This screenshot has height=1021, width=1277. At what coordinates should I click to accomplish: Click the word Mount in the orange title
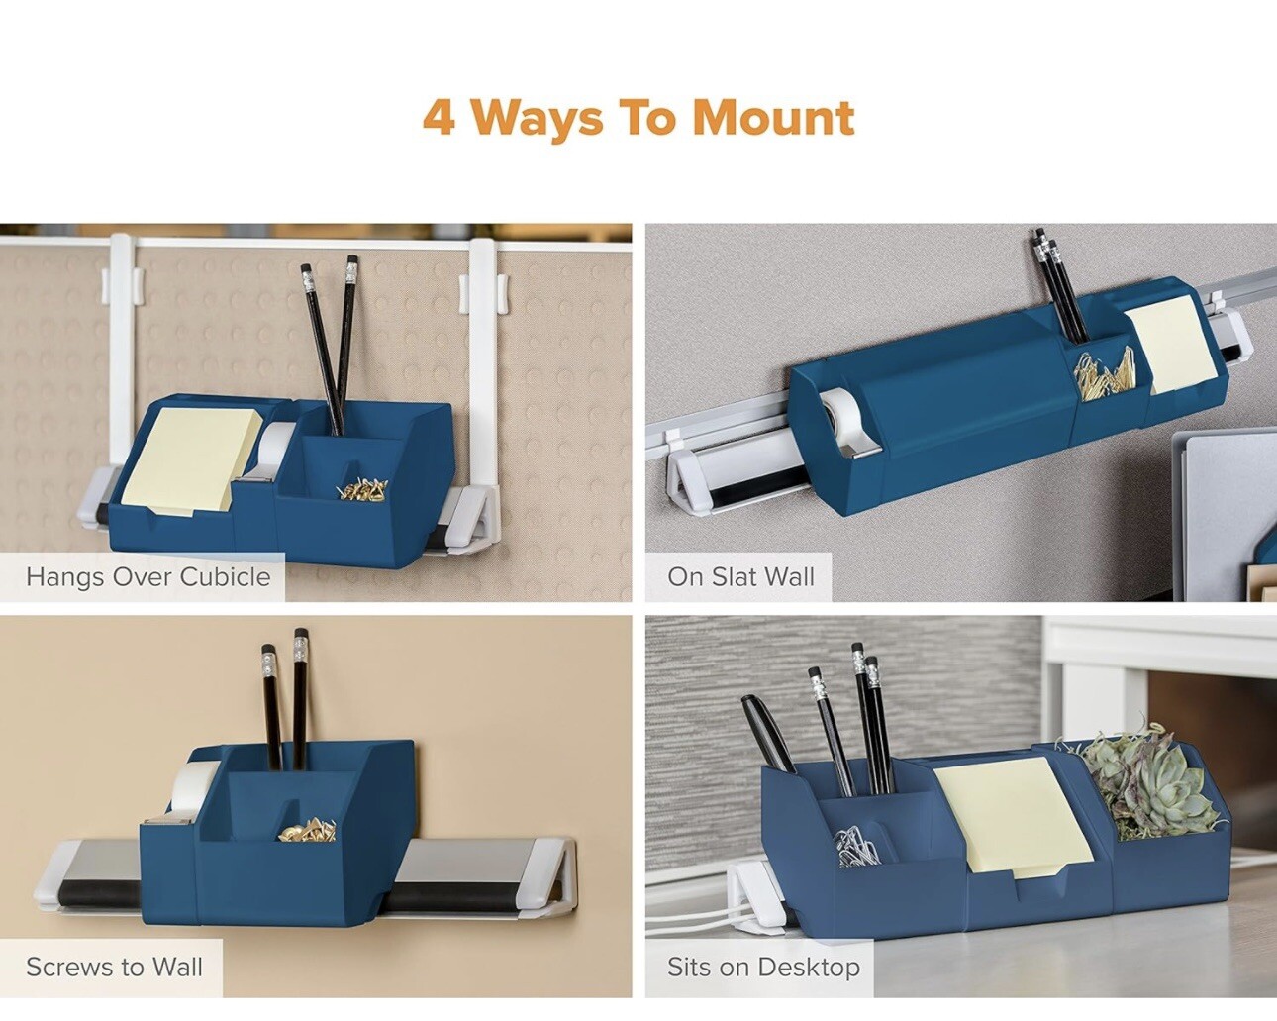(773, 118)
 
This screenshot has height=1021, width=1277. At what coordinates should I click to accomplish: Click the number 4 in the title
(440, 118)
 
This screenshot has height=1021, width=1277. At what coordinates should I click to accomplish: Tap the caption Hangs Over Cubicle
(148, 577)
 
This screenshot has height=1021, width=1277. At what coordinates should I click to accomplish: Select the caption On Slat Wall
(740, 577)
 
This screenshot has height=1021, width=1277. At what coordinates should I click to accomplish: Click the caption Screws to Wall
(115, 967)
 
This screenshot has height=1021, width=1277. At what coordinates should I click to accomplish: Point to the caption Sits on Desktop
(763, 967)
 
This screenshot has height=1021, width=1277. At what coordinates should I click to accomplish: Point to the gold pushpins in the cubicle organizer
(362, 490)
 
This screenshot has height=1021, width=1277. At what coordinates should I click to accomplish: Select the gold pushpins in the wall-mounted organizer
(308, 830)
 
